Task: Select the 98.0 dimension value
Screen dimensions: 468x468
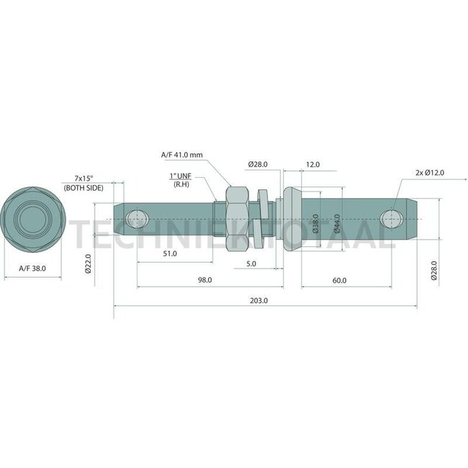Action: pos(205,280)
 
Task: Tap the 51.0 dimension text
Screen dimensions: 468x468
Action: pos(169,253)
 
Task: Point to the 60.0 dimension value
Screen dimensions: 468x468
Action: pos(339,280)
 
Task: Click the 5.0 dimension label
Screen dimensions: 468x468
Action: pos(251,264)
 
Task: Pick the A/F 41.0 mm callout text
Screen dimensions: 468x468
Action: pos(182,154)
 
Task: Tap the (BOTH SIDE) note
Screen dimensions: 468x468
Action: pos(84,187)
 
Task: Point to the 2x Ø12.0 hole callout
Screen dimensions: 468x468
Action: pos(430,172)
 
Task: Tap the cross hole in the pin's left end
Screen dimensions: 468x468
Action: pos(135,218)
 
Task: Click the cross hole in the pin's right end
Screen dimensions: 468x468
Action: pos(391,218)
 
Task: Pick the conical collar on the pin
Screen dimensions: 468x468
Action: pos(292,218)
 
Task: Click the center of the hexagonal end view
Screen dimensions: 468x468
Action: pos(33,217)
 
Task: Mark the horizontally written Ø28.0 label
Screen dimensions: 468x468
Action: pos(258,165)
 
